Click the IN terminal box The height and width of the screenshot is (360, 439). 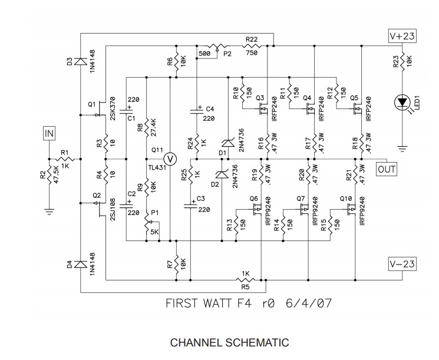coord(49,134)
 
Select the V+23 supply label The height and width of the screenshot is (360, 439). coord(402,37)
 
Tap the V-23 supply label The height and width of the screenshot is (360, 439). coord(402,265)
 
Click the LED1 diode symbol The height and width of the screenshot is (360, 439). coord(402,103)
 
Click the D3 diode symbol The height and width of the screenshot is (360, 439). coord(80,61)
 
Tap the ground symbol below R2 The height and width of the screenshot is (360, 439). coord(50,209)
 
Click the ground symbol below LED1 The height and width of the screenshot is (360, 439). coord(402,146)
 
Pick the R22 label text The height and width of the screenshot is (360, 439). coord(252,39)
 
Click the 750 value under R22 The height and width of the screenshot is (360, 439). coord(252,52)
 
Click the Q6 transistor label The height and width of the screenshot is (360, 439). coord(254,199)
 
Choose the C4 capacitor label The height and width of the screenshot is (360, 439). coord(210,109)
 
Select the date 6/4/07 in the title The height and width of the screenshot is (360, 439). coord(306,305)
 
